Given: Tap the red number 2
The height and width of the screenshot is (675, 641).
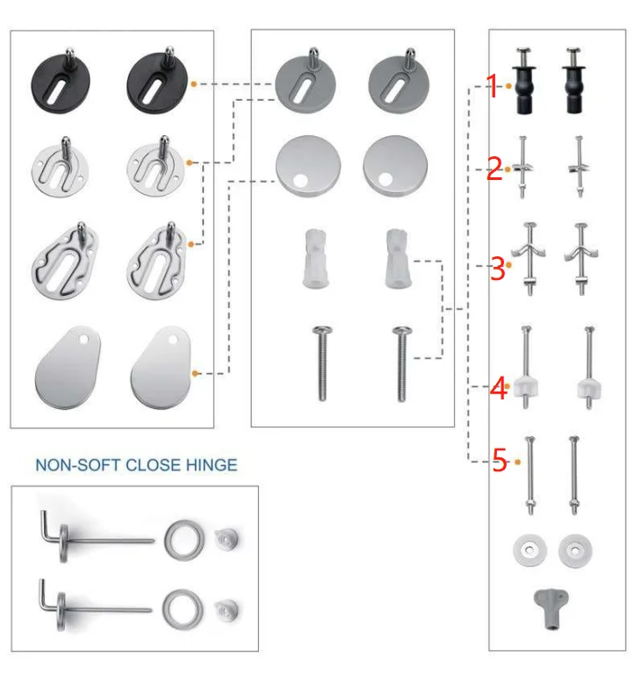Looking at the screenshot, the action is [494, 169].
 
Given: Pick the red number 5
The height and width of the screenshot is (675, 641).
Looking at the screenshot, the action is [499, 461].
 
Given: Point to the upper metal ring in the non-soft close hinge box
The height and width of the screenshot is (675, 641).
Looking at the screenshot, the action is [181, 539].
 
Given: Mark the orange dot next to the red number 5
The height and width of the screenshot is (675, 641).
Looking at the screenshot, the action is [518, 461].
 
